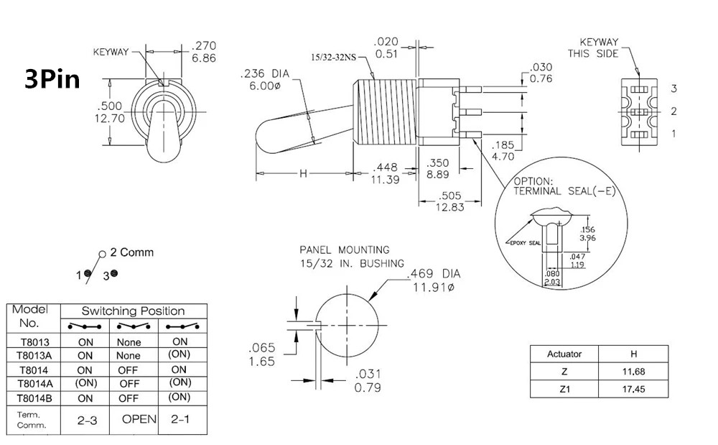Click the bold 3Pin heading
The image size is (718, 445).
pyautogui.click(x=52, y=78)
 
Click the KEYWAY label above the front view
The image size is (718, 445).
pyautogui.click(x=111, y=52)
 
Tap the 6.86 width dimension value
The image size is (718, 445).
pyautogui.click(x=203, y=58)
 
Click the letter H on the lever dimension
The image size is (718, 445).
pyautogui.click(x=303, y=173)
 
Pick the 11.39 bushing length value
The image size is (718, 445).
pyautogui.click(x=385, y=180)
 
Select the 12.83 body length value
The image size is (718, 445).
pyautogui.click(x=451, y=206)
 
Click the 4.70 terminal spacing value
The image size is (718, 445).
pyautogui.click(x=503, y=155)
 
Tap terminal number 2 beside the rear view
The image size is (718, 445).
pyautogui.click(x=673, y=111)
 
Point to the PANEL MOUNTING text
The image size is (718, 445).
pyautogui.click(x=345, y=250)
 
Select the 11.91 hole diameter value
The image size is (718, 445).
pyautogui.click(x=434, y=288)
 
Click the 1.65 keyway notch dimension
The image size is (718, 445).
pyautogui.click(x=261, y=362)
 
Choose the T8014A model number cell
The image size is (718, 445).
pyautogui.click(x=34, y=382)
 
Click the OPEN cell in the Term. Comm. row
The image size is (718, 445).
pyautogui.click(x=139, y=419)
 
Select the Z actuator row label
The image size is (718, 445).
pyautogui.click(x=564, y=372)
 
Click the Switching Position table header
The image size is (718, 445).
pyautogui.click(x=133, y=311)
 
